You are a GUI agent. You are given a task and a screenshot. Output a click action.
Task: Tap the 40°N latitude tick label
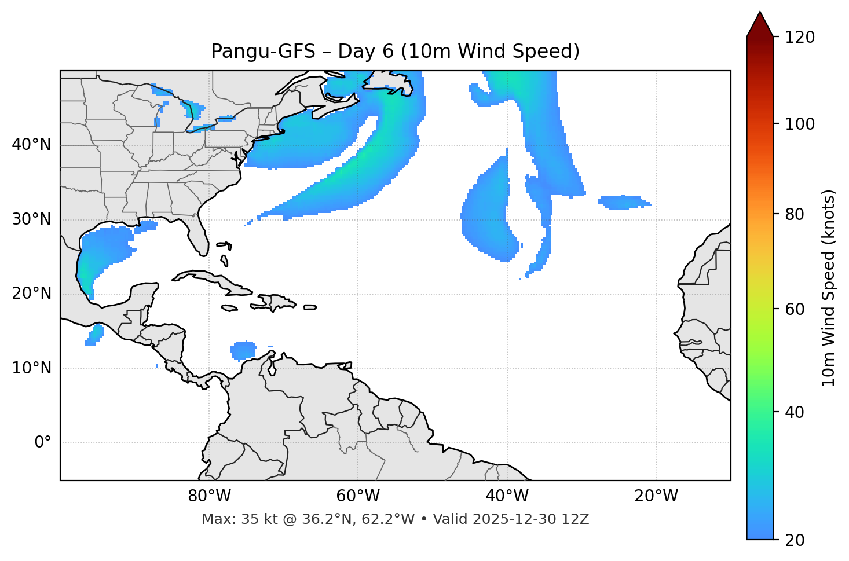[31, 145]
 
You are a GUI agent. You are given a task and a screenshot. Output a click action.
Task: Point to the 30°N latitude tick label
[31, 219]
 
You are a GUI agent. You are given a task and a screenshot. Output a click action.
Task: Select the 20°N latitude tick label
[31, 294]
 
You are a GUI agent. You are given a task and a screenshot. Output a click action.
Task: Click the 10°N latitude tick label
[31, 368]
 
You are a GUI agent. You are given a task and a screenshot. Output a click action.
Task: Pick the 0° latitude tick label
[42, 443]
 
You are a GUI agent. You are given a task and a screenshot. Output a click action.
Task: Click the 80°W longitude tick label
[209, 496]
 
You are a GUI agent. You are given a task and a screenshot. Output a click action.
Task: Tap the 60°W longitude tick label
[358, 496]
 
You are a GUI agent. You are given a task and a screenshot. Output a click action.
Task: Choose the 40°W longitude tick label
[507, 496]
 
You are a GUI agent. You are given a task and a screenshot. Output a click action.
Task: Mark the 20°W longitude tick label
[656, 496]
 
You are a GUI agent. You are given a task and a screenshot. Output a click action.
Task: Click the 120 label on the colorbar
[800, 38]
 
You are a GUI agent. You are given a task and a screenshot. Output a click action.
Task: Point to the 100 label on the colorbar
[800, 124]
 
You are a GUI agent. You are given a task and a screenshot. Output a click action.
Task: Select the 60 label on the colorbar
[796, 309]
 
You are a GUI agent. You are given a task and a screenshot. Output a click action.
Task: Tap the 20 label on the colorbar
[796, 540]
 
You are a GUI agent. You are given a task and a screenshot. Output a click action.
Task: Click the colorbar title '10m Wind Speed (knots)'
[829, 288]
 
